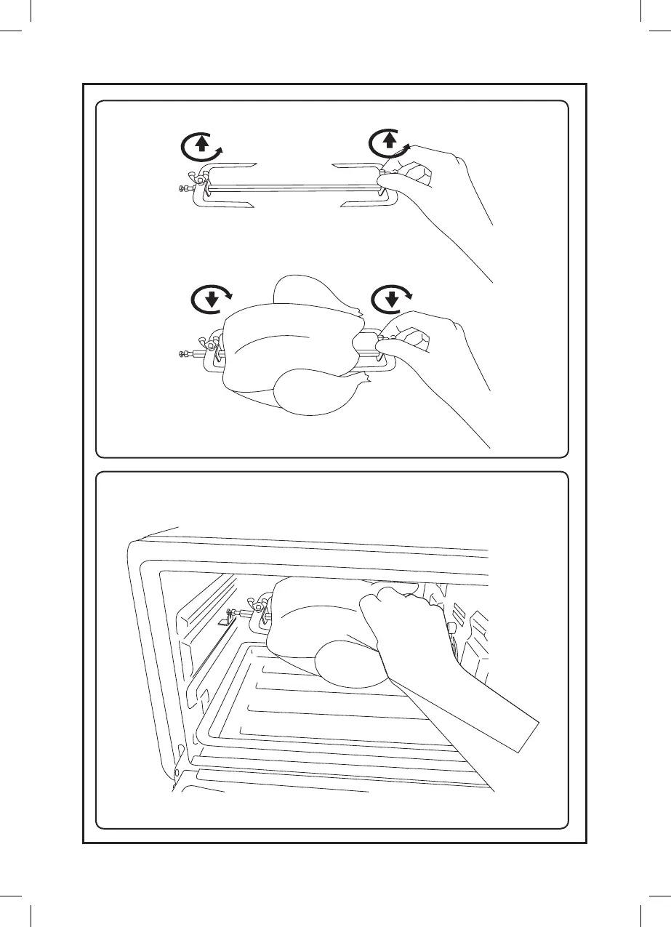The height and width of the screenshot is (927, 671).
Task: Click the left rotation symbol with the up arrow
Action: pyautogui.click(x=201, y=147)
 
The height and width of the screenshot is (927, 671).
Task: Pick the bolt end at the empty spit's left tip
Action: pyautogui.click(x=182, y=189)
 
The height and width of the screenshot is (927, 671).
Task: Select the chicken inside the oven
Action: pyautogui.click(x=320, y=618)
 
